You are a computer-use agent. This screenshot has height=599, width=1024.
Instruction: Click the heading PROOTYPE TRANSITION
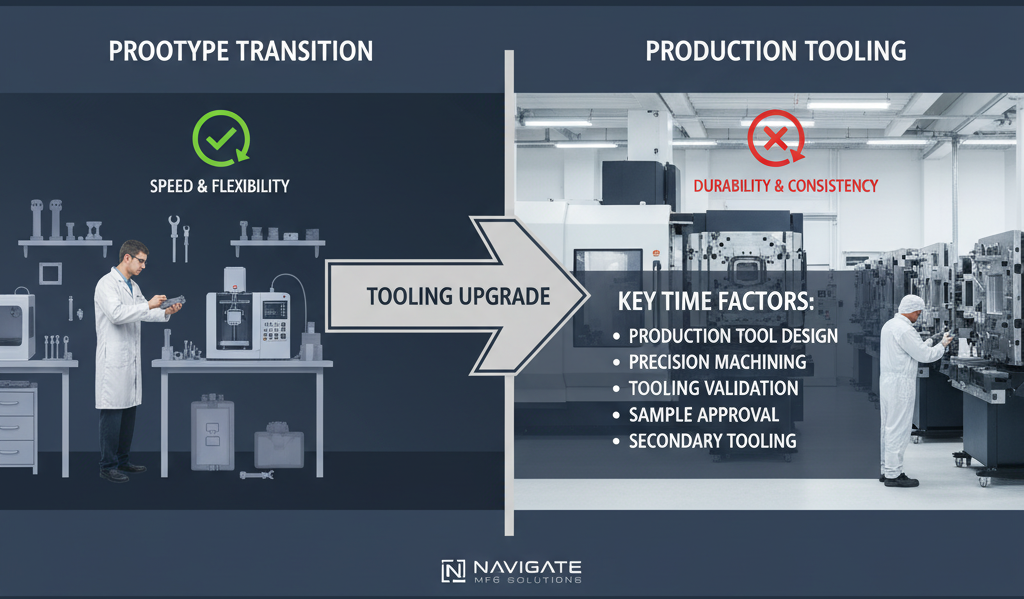240,50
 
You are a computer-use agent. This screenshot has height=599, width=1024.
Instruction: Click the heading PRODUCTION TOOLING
776,50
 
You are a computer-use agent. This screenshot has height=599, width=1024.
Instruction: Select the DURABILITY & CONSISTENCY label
786,185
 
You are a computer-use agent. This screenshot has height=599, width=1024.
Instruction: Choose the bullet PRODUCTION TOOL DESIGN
733,336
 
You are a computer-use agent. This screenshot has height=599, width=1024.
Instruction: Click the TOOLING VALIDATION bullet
713,388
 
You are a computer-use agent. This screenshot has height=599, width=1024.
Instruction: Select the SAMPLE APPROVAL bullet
703,414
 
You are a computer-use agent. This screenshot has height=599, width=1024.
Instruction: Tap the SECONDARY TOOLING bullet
712,440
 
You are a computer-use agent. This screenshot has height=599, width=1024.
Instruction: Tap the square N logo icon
453,571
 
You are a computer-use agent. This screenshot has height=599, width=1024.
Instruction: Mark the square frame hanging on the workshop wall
49,272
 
